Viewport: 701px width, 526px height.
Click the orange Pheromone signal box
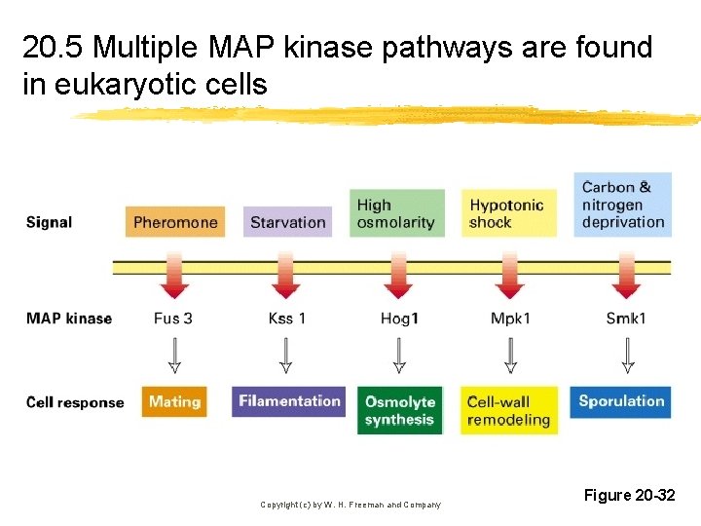[x=175, y=222]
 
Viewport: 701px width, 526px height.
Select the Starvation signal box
[x=287, y=222]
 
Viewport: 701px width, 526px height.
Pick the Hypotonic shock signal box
[x=509, y=213]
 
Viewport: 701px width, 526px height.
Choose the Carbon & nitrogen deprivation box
[x=623, y=205]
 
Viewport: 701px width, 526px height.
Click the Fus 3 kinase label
[x=173, y=319]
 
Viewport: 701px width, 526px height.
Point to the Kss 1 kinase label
[x=286, y=319]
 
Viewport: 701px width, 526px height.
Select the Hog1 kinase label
[x=399, y=319]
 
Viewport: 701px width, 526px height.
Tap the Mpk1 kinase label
[x=511, y=319]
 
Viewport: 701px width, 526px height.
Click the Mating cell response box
[x=174, y=401]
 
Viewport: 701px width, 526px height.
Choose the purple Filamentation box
[x=289, y=401]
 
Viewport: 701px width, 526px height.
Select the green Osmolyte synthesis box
[x=400, y=410]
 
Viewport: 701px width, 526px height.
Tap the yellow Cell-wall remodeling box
[x=509, y=410]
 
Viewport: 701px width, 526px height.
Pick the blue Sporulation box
[x=621, y=400]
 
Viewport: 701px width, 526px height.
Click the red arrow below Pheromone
[x=174, y=279]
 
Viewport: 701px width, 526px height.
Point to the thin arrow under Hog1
[x=399, y=356]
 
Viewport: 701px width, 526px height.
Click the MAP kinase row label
[x=69, y=319]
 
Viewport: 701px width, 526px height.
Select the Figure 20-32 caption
[x=629, y=496]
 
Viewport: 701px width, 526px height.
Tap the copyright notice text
[x=350, y=505]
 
